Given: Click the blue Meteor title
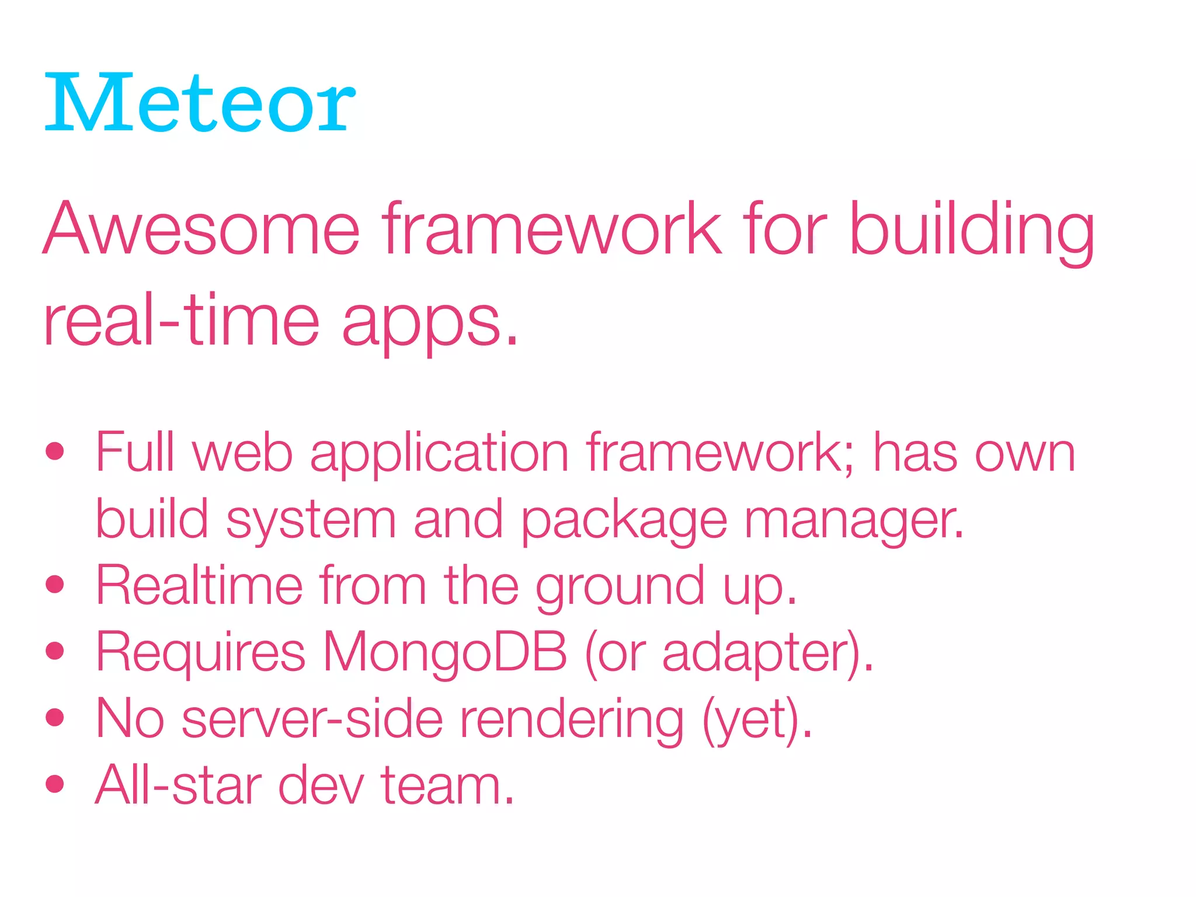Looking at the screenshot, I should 199,104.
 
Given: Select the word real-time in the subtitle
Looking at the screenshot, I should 181,321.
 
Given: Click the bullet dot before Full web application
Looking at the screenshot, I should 55,451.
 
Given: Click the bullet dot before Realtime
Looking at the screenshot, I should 55,584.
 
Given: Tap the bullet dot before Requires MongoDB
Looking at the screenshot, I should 55,651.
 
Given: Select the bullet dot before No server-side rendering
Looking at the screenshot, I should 55,717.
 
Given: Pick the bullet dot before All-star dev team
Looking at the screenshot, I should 55,784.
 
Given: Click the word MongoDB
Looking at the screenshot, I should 444,652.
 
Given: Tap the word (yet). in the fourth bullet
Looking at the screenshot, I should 757,720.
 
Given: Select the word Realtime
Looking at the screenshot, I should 199,585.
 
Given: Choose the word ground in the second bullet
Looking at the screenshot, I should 620,587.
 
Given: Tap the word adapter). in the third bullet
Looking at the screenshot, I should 767,653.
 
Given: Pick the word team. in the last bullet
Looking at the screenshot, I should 447,785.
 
